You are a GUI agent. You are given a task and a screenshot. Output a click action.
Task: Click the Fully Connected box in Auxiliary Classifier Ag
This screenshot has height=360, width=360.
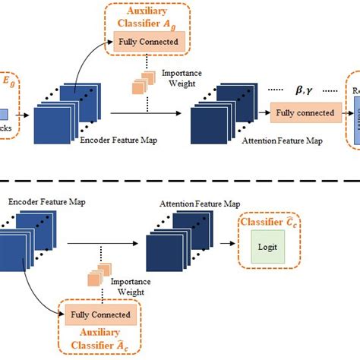coord(147,41)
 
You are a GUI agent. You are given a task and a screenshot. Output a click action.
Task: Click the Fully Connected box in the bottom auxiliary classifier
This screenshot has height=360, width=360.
coord(99,314)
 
